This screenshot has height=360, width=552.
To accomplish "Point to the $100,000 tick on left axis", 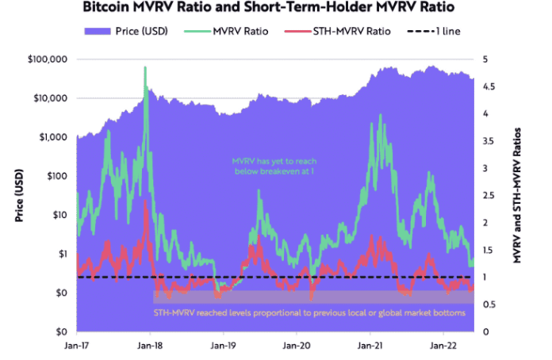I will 47,59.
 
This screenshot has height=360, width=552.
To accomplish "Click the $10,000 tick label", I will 50,98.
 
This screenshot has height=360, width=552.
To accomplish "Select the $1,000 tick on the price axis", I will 52,137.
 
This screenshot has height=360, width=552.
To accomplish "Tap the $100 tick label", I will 57,176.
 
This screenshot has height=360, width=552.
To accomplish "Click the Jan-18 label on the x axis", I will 150,346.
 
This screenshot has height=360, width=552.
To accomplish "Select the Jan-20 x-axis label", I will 297,346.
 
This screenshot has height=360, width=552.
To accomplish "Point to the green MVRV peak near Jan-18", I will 144,68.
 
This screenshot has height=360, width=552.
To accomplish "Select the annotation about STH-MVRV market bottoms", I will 309,313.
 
